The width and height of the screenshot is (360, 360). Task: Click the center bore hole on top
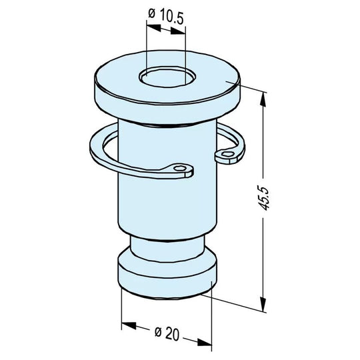(x=167, y=77)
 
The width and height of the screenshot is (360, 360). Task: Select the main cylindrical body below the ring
(x=167, y=207)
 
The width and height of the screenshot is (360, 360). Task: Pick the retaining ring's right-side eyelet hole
(x=229, y=155)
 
